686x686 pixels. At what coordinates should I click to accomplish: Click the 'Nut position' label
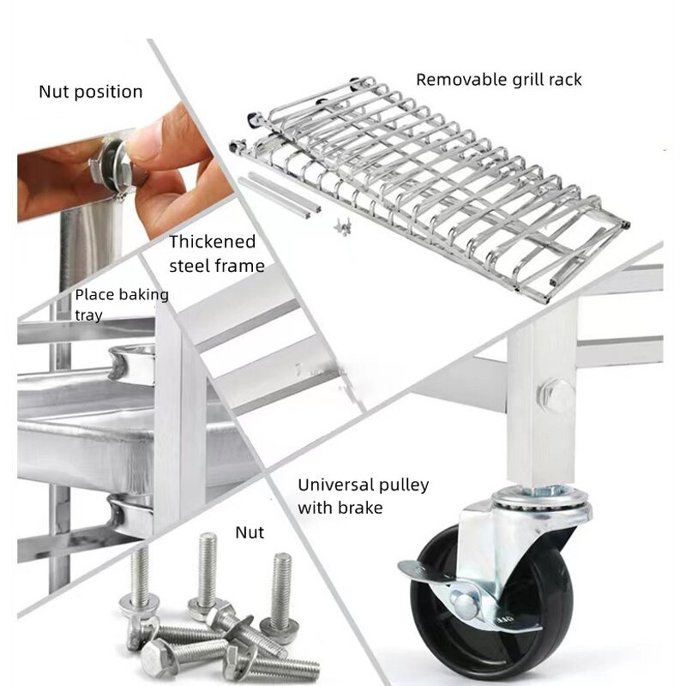90,91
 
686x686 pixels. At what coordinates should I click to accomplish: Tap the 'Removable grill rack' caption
498,80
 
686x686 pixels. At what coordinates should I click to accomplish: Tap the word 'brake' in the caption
361,508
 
